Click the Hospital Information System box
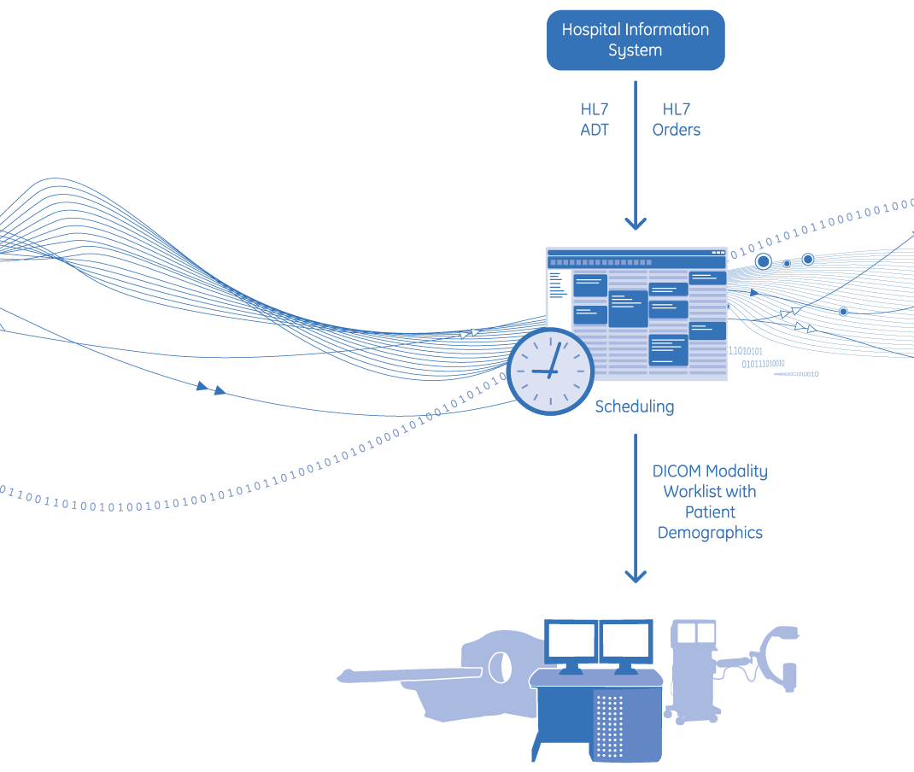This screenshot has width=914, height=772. [635, 40]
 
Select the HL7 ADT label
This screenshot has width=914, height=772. [595, 120]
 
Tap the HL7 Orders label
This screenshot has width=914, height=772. [676, 120]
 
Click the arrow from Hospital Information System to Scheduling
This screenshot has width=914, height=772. [635, 154]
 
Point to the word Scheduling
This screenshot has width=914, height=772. [634, 406]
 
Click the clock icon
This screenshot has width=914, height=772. [550, 371]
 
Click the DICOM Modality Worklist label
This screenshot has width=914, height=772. [709, 482]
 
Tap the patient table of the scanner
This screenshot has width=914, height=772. [410, 675]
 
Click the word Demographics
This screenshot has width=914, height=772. [709, 533]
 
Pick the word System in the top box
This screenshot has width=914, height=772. [635, 50]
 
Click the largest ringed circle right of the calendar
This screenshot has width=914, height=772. [763, 261]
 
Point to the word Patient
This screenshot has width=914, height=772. [709, 512]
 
